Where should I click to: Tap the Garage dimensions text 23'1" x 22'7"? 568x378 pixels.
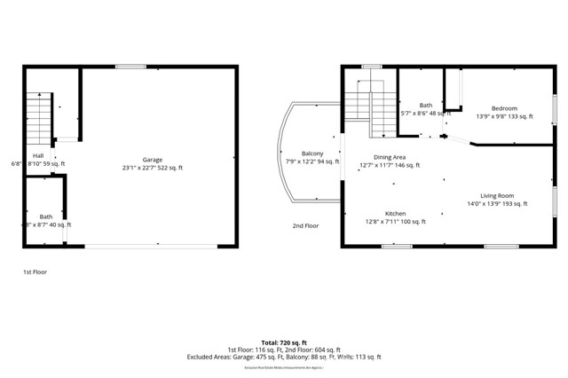(x=142, y=168)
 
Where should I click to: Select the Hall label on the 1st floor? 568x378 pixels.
(x=37, y=155)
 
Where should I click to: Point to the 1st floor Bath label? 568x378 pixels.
(x=45, y=217)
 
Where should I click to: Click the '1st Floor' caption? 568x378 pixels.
(x=35, y=272)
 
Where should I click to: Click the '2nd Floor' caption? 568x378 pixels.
(x=305, y=225)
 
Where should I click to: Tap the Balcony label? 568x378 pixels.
(x=312, y=154)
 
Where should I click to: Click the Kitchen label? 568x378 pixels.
(x=395, y=214)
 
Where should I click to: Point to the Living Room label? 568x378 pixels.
(x=497, y=195)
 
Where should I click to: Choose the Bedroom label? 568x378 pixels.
(x=503, y=108)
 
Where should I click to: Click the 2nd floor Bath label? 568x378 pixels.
(x=426, y=105)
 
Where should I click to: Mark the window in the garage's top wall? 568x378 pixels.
(x=131, y=66)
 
